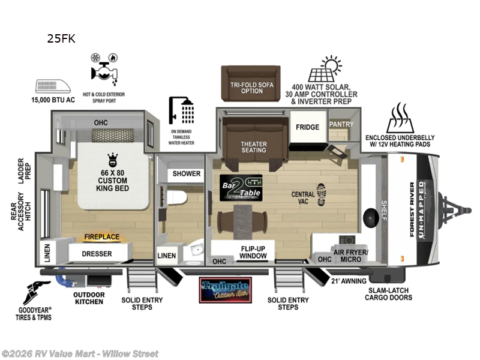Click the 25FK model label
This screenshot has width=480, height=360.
61,40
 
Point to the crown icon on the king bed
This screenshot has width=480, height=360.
111,160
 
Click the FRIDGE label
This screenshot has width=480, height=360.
307,127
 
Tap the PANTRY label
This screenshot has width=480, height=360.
341,124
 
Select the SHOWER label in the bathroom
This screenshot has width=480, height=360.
187,174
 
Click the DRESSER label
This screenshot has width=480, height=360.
97,254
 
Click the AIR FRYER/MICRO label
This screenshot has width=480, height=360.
351,256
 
